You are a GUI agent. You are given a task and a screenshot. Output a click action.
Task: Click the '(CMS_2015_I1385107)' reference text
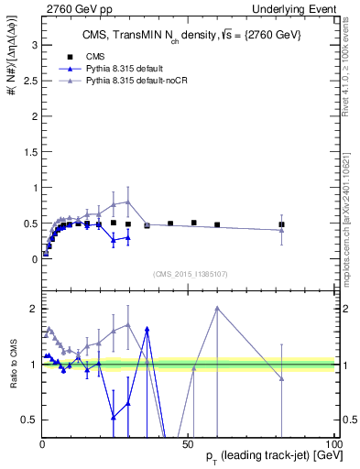(x=191, y=275)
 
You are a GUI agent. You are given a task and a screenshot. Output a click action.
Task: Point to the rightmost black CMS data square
(x=282, y=224)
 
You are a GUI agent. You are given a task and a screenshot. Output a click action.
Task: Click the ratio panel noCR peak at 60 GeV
(x=217, y=308)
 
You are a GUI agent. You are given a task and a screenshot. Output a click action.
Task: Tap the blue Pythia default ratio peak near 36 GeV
(x=147, y=328)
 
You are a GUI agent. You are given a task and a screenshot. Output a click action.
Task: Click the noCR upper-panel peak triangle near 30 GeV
(x=128, y=202)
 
